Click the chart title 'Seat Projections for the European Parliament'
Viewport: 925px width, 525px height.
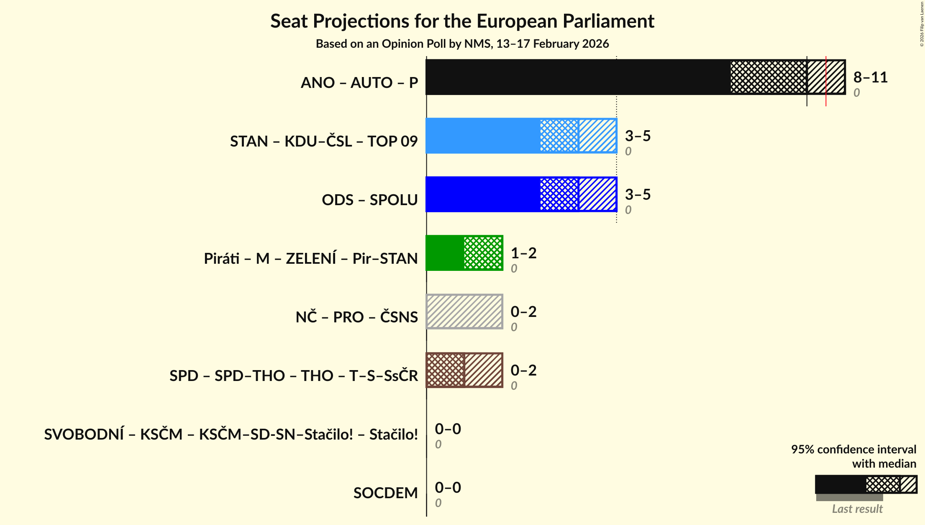pos(462,21)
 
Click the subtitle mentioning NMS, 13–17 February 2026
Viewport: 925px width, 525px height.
pos(462,44)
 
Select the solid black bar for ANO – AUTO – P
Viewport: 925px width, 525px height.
pos(577,77)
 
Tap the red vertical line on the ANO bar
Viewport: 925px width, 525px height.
pos(826,81)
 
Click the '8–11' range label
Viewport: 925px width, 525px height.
pos(870,77)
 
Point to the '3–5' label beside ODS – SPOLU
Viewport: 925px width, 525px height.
pos(638,195)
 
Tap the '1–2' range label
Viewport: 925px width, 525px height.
pos(523,253)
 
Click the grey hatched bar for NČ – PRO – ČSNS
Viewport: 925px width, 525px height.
pos(464,311)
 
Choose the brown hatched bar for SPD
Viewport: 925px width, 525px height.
pos(464,370)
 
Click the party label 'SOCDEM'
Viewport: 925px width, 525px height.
pos(385,493)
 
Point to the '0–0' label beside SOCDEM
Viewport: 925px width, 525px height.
pos(448,488)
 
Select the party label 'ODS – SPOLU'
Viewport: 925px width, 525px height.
pos(369,200)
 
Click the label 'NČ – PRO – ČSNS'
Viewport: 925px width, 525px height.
pos(356,317)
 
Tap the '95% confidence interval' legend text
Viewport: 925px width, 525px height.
pos(853,450)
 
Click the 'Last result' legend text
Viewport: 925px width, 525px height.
pos(857,509)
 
